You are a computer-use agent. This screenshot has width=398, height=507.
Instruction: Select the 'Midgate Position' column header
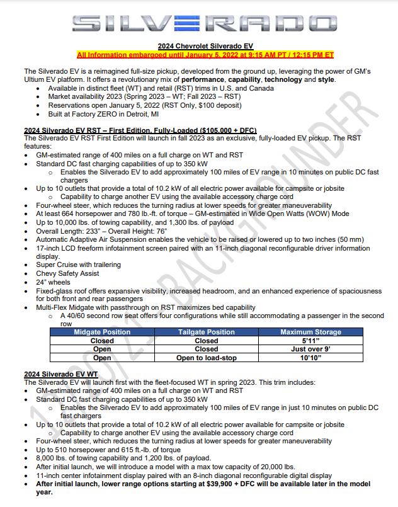(102, 332)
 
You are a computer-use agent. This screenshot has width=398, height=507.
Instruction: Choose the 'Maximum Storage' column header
(310, 332)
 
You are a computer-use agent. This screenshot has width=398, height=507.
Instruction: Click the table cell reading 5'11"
(310, 341)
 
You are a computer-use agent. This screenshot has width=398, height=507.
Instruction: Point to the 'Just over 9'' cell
(310, 349)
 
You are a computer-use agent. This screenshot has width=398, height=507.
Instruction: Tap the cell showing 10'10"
(310, 357)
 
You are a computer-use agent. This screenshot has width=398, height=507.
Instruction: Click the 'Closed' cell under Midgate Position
(102, 341)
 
